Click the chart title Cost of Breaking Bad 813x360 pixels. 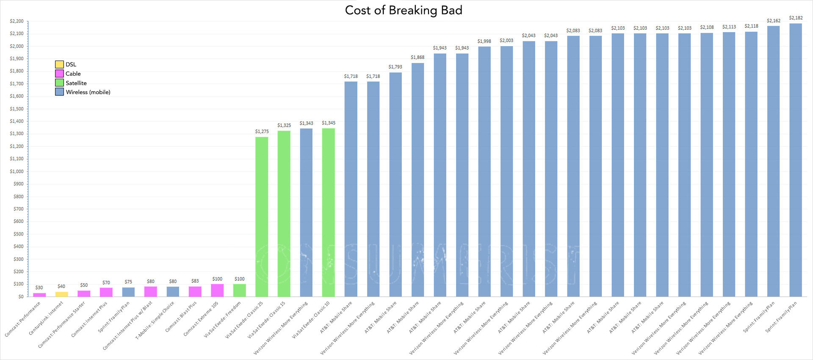coord(403,10)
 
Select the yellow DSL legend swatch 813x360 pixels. coord(59,64)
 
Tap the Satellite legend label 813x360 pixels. coord(76,83)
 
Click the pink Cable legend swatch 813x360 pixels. coord(59,74)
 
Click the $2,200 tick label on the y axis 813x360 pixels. coord(17,21)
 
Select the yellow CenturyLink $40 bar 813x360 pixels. coord(62,294)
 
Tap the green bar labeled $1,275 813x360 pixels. coord(262,216)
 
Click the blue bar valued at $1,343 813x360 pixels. coord(306,212)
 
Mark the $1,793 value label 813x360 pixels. coord(395,67)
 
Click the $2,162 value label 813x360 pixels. coord(773,21)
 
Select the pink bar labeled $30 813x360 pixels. coord(39,294)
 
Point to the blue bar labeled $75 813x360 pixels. coord(128,292)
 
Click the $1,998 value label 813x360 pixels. coord(484,42)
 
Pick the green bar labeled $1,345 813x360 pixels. coord(329,212)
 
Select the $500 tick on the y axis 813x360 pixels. coord(18,234)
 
